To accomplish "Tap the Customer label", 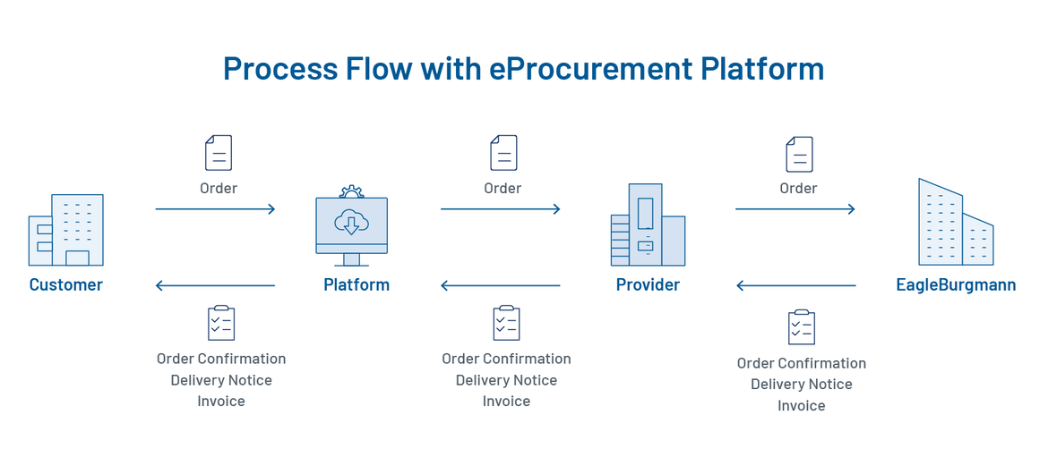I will click(x=66, y=285).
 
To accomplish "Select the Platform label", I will click(x=356, y=285).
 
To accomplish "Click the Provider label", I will click(x=648, y=285).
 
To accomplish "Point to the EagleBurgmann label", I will click(x=956, y=285).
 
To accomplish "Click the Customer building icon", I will click(x=65, y=231).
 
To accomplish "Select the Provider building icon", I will click(x=648, y=225).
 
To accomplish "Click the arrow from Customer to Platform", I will click(x=215, y=209).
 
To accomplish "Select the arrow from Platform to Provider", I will click(x=500, y=209).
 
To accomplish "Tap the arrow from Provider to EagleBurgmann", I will click(x=795, y=209).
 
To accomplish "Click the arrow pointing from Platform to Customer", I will click(x=215, y=286).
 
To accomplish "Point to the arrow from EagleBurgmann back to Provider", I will click(x=795, y=286).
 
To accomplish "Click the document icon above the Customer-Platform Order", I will click(x=219, y=153).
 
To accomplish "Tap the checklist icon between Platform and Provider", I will click(x=506, y=323).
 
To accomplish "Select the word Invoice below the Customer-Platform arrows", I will click(x=221, y=402).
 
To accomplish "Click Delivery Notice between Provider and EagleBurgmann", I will click(x=802, y=385).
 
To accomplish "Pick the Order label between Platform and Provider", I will click(x=503, y=189).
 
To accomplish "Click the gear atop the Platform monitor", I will click(x=351, y=191).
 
